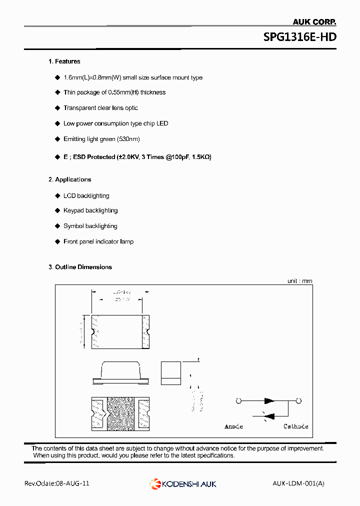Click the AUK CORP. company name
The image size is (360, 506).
(x=313, y=21)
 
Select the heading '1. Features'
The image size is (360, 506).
(x=64, y=61)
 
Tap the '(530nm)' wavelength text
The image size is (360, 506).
(x=128, y=139)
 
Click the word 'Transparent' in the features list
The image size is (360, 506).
(x=80, y=108)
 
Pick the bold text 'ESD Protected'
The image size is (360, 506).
(x=94, y=157)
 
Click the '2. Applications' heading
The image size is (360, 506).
(x=69, y=179)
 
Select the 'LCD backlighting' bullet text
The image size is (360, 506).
(x=86, y=196)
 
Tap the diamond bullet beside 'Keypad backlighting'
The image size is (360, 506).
(x=57, y=210)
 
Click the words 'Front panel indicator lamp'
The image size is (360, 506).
(x=98, y=241)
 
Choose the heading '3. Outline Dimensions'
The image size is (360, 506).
(x=80, y=267)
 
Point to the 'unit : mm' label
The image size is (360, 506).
(x=299, y=281)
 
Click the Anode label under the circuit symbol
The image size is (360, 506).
(x=233, y=426)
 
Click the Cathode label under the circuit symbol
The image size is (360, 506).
(x=296, y=426)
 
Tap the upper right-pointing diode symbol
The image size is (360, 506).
(x=269, y=400)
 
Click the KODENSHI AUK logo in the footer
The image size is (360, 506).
(x=183, y=483)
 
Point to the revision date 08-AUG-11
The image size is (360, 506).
(x=73, y=483)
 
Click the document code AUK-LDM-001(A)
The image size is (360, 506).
(x=298, y=483)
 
